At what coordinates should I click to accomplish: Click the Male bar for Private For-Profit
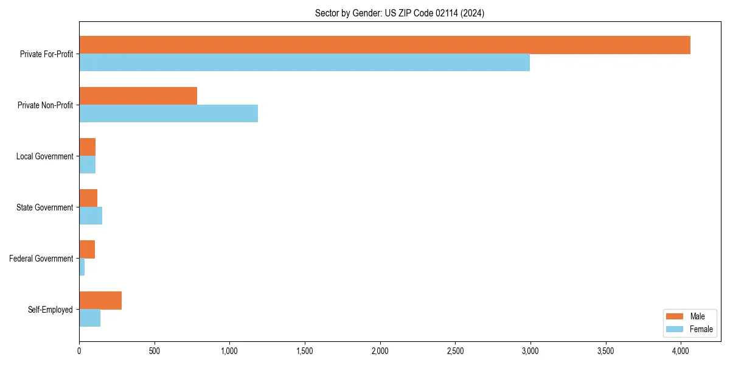coord(384,45)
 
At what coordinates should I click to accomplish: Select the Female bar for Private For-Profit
coord(304,63)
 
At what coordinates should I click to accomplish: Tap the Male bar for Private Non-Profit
coord(138,96)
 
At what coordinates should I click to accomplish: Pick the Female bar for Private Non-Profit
coord(169,114)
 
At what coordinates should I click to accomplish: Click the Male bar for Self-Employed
coord(100,301)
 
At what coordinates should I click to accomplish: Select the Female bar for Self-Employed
coord(89,318)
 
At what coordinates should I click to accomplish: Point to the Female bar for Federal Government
coord(82,267)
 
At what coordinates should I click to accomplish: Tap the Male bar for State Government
coord(88,198)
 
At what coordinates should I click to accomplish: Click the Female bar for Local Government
coord(87,165)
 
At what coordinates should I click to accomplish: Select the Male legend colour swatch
coord(675,316)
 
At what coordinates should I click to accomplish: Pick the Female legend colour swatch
coord(675,329)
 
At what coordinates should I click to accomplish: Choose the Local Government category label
coord(44,156)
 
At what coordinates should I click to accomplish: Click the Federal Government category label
coord(41,259)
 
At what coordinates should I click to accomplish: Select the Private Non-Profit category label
coord(45,105)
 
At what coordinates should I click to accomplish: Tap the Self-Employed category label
coord(50,310)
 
